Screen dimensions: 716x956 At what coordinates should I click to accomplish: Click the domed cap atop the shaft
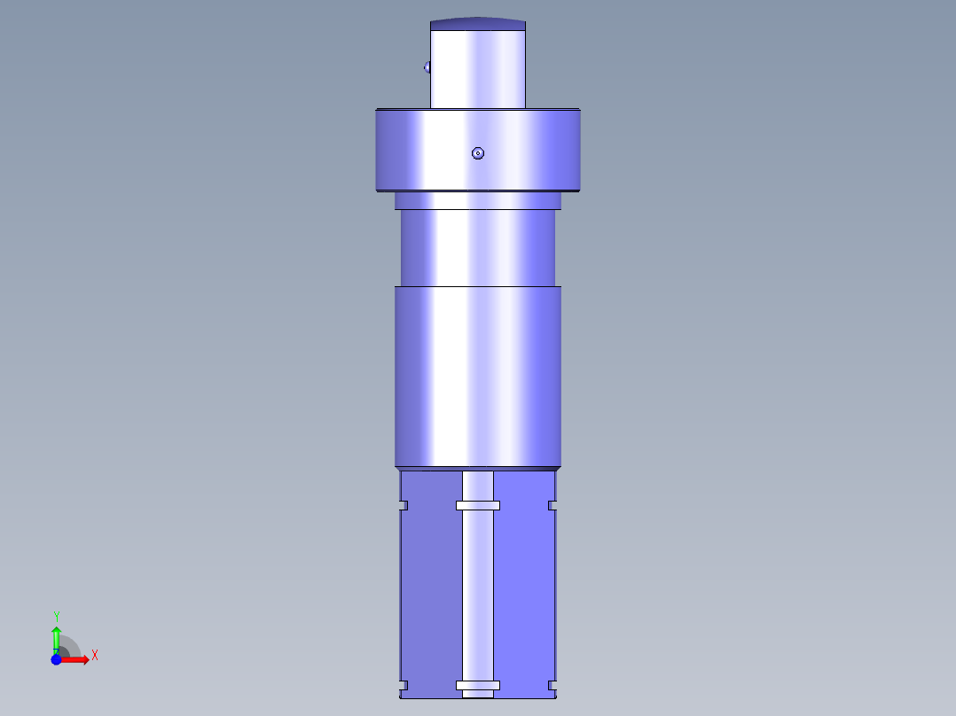click(x=477, y=24)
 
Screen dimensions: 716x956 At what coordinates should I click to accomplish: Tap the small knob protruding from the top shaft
click(x=427, y=66)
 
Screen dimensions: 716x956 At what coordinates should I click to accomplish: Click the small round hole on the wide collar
click(x=478, y=153)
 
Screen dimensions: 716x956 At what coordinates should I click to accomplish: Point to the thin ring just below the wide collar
click(x=477, y=201)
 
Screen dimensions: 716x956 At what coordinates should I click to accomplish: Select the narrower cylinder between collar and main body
click(x=477, y=248)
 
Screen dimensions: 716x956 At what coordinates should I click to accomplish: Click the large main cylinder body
click(x=477, y=377)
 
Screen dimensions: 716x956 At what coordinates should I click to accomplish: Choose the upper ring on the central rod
click(x=478, y=506)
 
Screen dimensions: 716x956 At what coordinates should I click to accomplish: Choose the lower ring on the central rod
click(x=478, y=685)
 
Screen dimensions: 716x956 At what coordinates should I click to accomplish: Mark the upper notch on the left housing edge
click(x=403, y=506)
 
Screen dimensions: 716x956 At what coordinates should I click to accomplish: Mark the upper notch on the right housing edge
click(x=552, y=506)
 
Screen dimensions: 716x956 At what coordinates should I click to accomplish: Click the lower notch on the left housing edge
click(x=403, y=685)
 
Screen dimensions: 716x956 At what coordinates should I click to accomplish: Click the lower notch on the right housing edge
click(x=552, y=685)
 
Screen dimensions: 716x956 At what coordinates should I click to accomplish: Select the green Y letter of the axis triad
click(x=57, y=616)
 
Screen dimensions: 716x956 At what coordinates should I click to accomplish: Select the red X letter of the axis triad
click(x=94, y=656)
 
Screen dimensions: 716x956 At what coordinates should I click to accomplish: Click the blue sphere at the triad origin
click(x=56, y=659)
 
